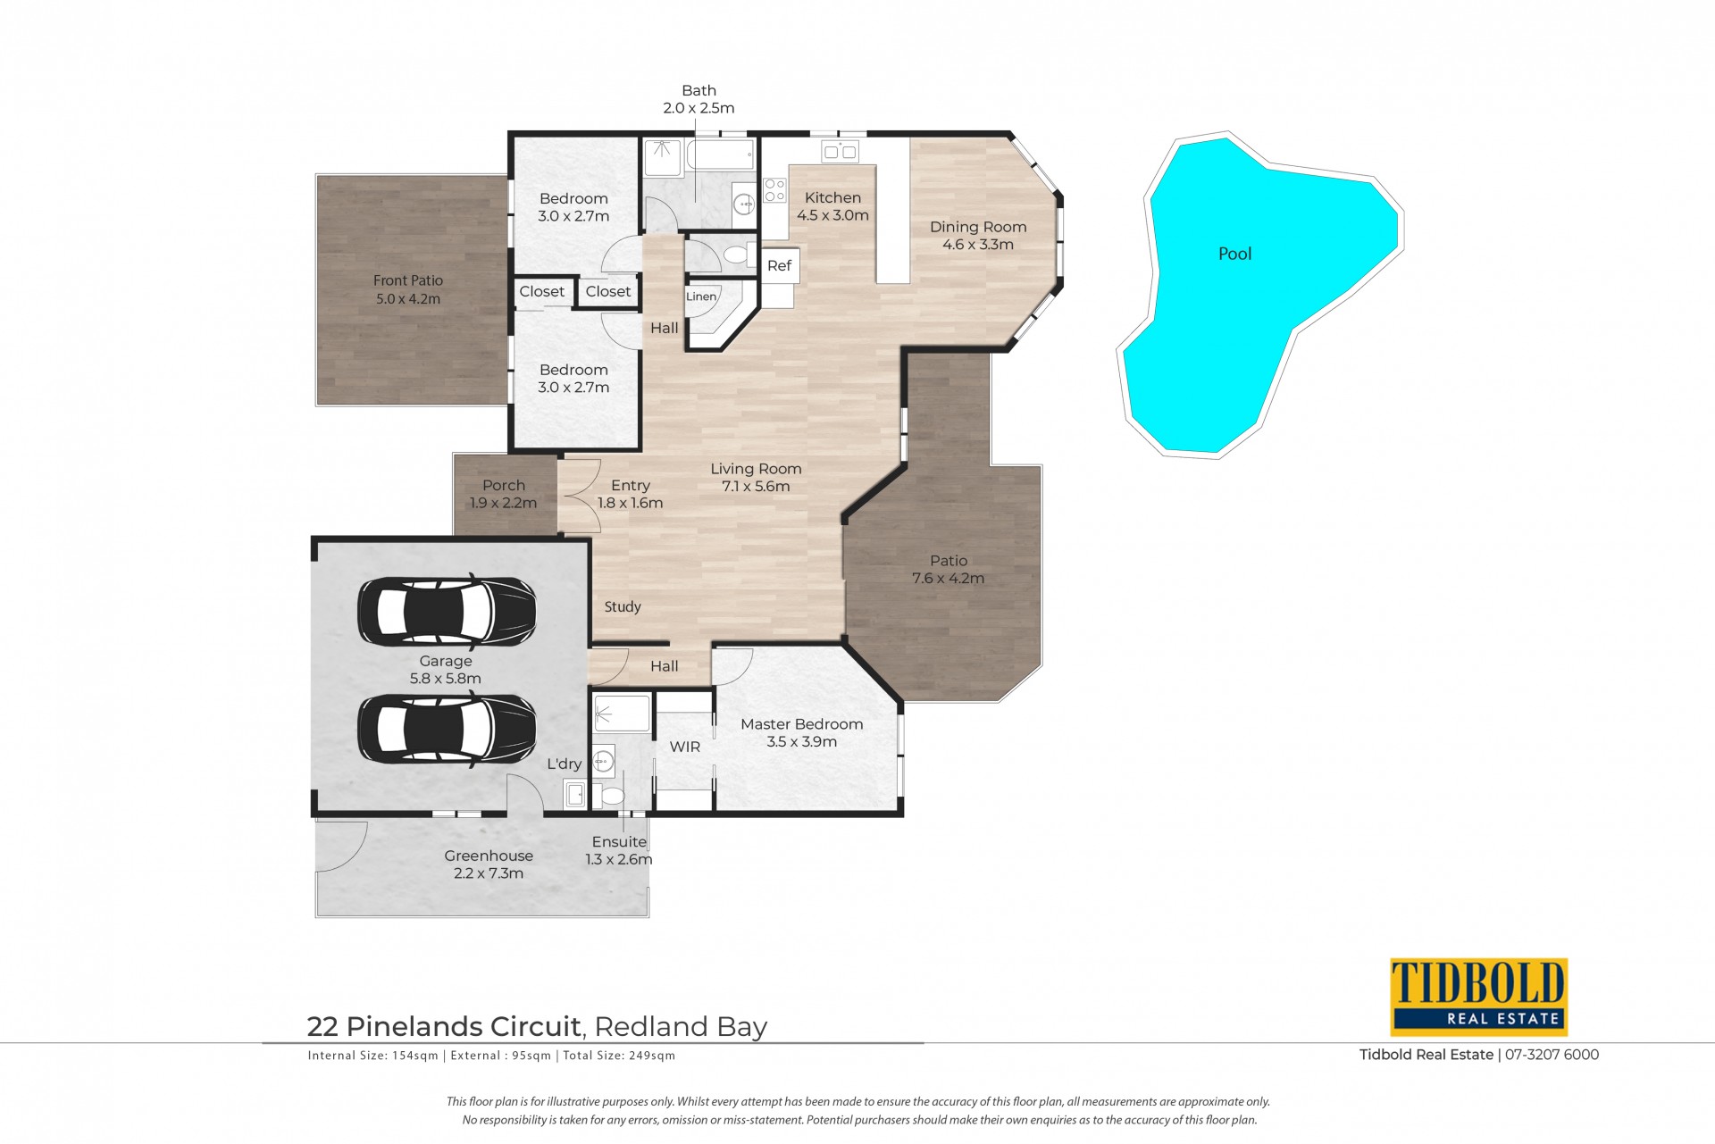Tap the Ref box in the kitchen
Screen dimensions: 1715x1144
point(779,265)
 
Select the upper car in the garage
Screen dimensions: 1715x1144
point(447,612)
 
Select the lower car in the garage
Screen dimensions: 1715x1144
point(447,730)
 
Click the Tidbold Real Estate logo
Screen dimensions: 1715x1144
point(1478,997)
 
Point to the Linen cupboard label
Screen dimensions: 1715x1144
point(701,296)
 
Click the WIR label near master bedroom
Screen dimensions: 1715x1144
point(685,747)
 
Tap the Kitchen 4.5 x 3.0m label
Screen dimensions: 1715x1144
point(832,206)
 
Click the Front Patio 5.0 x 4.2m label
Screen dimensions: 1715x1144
point(408,289)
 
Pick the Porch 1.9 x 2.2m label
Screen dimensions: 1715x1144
point(504,494)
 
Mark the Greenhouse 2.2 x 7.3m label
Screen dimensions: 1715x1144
point(489,864)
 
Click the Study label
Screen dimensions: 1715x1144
point(623,606)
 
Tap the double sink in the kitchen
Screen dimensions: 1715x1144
point(841,151)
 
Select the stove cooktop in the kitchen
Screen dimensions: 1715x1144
point(774,190)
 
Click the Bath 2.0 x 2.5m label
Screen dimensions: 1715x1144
point(699,99)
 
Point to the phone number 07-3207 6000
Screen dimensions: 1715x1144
point(1552,1055)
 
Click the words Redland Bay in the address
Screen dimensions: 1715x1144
point(681,1028)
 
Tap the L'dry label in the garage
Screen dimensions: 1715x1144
point(564,764)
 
